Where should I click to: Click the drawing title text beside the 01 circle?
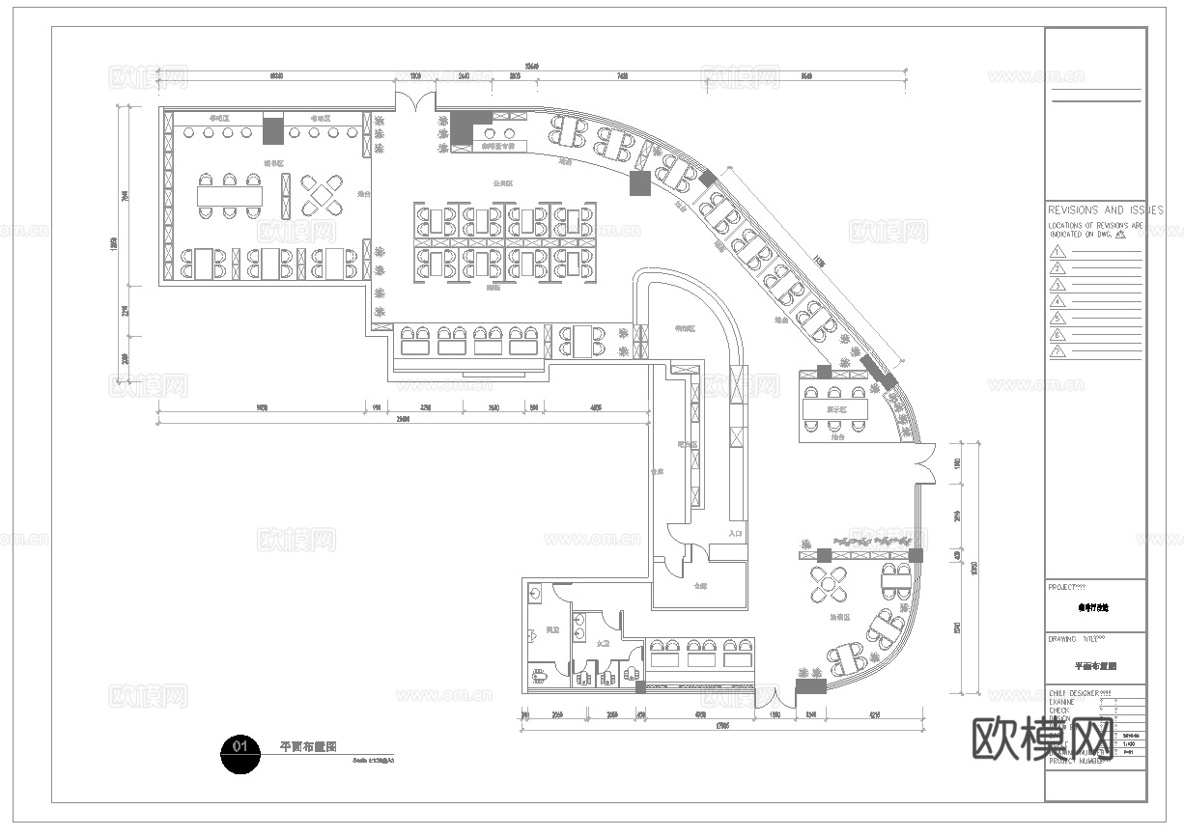(308, 746)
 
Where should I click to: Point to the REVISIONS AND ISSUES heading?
(1106, 209)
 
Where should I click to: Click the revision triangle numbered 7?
(1059, 351)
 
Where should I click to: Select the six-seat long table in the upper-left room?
(230, 196)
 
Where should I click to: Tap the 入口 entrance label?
(736, 533)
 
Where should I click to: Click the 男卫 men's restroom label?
(552, 629)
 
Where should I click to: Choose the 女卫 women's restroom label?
(603, 642)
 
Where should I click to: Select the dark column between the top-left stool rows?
(273, 129)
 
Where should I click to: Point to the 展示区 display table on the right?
(834, 408)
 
